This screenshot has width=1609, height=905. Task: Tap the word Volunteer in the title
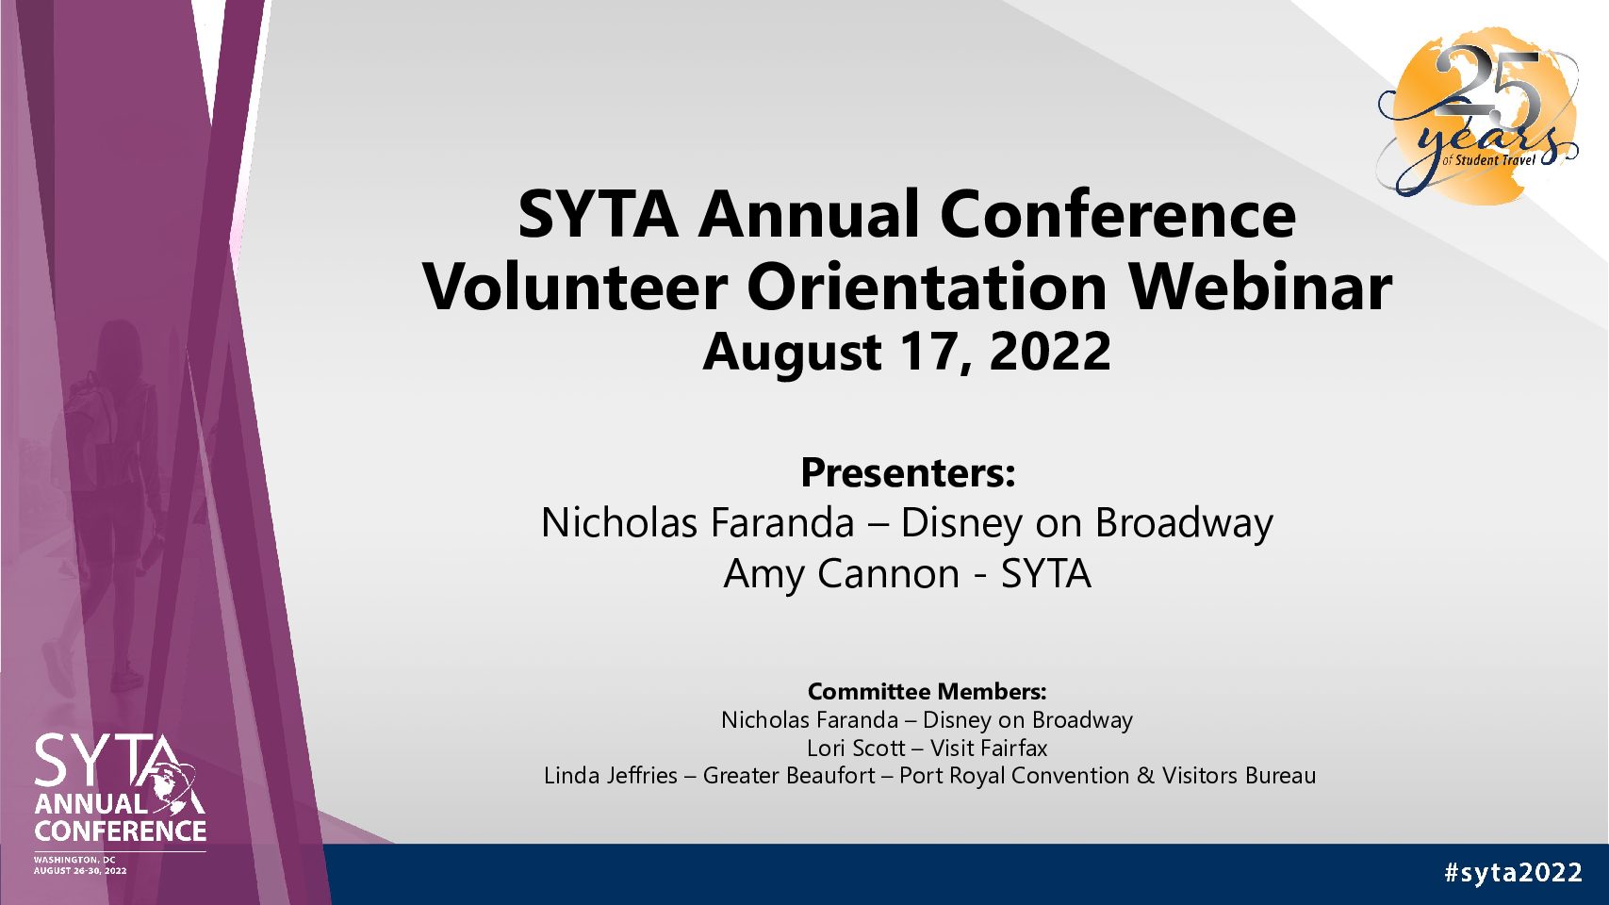pyautogui.click(x=575, y=288)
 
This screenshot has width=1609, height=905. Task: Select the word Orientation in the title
pyautogui.click(x=928, y=288)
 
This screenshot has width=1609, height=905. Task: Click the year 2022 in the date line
pyautogui.click(x=1049, y=352)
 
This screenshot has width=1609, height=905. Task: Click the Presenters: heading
pyautogui.click(x=908, y=472)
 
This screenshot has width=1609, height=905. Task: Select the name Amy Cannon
pyautogui.click(x=842, y=574)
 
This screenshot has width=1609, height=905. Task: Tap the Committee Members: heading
pyautogui.click(x=927, y=692)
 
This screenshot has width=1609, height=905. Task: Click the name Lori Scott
pyautogui.click(x=856, y=749)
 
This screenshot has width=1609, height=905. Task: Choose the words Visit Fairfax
pyautogui.click(x=989, y=749)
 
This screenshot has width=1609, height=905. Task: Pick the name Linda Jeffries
pyautogui.click(x=611, y=776)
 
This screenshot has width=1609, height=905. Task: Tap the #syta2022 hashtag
pyautogui.click(x=1513, y=873)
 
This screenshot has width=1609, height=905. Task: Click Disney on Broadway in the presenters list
pyautogui.click(x=1087, y=523)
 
